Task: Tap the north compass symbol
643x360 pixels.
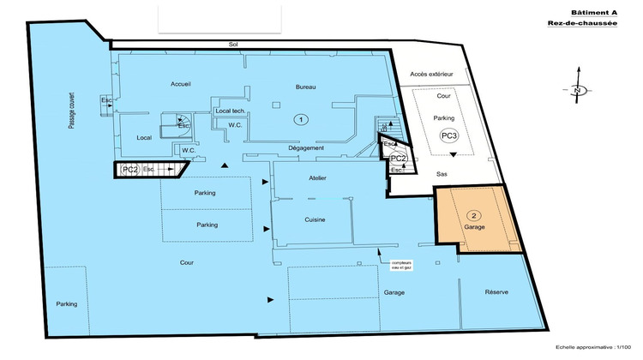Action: (x=578, y=90)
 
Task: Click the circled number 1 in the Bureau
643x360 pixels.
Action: (x=299, y=120)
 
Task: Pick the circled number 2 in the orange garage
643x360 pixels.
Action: (x=473, y=214)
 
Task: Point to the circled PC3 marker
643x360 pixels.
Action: (x=448, y=135)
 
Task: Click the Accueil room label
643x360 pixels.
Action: (x=181, y=84)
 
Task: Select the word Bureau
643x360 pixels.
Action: (x=306, y=87)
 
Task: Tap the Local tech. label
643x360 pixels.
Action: (x=231, y=111)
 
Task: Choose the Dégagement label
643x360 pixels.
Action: (x=306, y=148)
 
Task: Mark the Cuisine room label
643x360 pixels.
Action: (x=314, y=220)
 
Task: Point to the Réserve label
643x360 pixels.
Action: (x=496, y=292)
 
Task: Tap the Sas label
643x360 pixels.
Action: (x=442, y=173)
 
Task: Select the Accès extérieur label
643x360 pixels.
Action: (x=431, y=75)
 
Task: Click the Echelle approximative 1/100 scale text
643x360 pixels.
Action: (x=598, y=347)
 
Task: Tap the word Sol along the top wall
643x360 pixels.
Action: (x=231, y=44)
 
